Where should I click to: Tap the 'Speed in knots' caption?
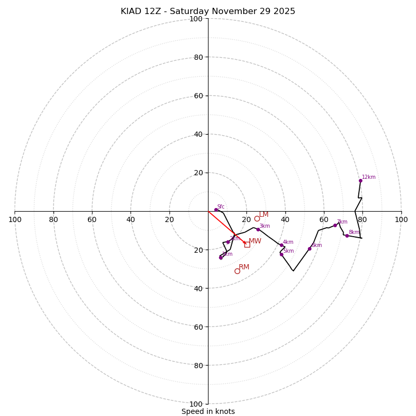pos(208,411)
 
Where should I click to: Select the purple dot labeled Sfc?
pos(216,210)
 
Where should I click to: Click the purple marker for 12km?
pos(360,180)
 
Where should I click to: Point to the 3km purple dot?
pos(258,229)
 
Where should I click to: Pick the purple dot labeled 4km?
pos(281,245)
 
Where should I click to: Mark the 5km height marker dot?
pos(281,254)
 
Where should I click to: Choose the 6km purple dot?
pos(309,249)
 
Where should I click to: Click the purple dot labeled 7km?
pos(335,225)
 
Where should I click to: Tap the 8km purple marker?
pos(347,236)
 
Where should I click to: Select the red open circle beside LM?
pos(257,218)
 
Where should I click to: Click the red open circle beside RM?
pos(237,271)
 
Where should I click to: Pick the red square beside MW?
pos(247,244)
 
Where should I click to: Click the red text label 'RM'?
pos(244,267)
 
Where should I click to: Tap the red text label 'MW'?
pos(255,241)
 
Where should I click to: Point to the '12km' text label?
pos(369,177)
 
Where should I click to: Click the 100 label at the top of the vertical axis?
pos(196,19)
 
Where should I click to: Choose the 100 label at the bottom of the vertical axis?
pos(196,404)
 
